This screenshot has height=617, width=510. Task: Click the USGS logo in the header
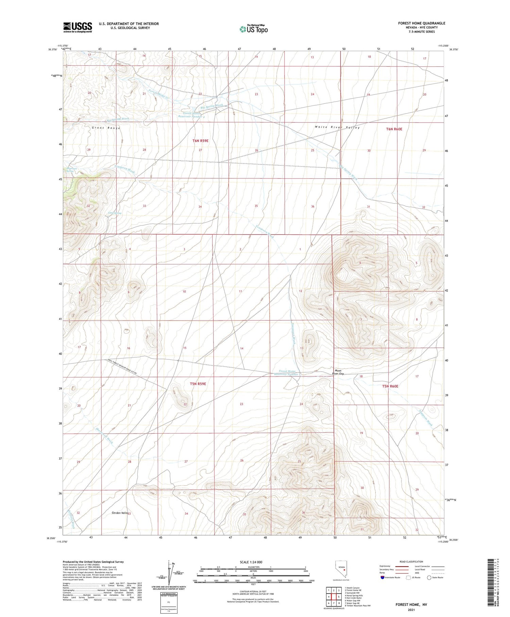[x=78, y=27]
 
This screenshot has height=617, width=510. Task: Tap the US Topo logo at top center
[x=253, y=29]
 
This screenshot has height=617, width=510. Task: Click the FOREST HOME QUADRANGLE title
[x=422, y=23]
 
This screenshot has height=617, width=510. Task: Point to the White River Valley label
[x=337, y=127]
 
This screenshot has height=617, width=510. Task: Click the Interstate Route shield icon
[x=382, y=577]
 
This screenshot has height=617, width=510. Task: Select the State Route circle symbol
[x=429, y=577]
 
